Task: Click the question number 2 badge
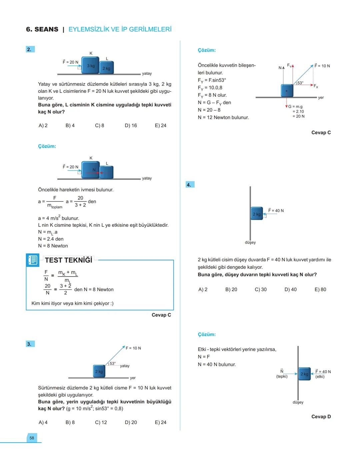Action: coord(30,49)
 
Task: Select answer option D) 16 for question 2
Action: coord(131,125)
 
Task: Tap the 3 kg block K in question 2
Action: coord(90,65)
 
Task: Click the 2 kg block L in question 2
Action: coord(107,68)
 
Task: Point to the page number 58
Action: coord(32,438)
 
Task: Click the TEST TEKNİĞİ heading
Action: coord(69,260)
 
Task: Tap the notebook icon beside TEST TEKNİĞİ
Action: coord(33,260)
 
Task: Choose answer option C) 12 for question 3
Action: coord(101,422)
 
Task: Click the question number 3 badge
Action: coord(30,344)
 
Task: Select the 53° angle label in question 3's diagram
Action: coord(113,363)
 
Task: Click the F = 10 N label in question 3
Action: coord(133,348)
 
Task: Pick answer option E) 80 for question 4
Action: coord(320,290)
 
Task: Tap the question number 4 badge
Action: coord(189,184)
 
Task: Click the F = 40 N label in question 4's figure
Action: coord(276,210)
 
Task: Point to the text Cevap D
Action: coord(321,416)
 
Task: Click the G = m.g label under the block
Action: coord(296,107)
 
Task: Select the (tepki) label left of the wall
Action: coord(282,376)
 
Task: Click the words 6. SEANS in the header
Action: coord(42,29)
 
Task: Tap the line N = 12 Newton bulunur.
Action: coord(223,117)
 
